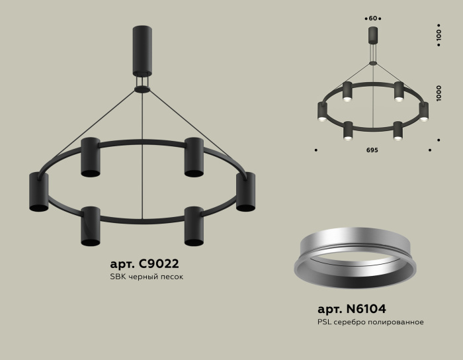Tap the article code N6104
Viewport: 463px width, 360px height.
351,309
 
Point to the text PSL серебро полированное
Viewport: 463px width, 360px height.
370,322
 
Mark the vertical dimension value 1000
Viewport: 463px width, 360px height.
439,93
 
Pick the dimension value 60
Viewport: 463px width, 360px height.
373,18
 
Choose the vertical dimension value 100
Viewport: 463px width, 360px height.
439,36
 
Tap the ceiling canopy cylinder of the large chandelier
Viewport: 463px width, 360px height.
142,52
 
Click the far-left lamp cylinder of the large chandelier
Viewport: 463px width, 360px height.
38,192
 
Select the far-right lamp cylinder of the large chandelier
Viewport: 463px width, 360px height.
246,192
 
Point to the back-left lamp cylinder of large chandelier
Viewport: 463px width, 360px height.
91,157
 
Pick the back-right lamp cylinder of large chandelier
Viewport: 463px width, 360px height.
194,157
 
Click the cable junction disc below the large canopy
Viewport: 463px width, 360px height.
142,89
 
